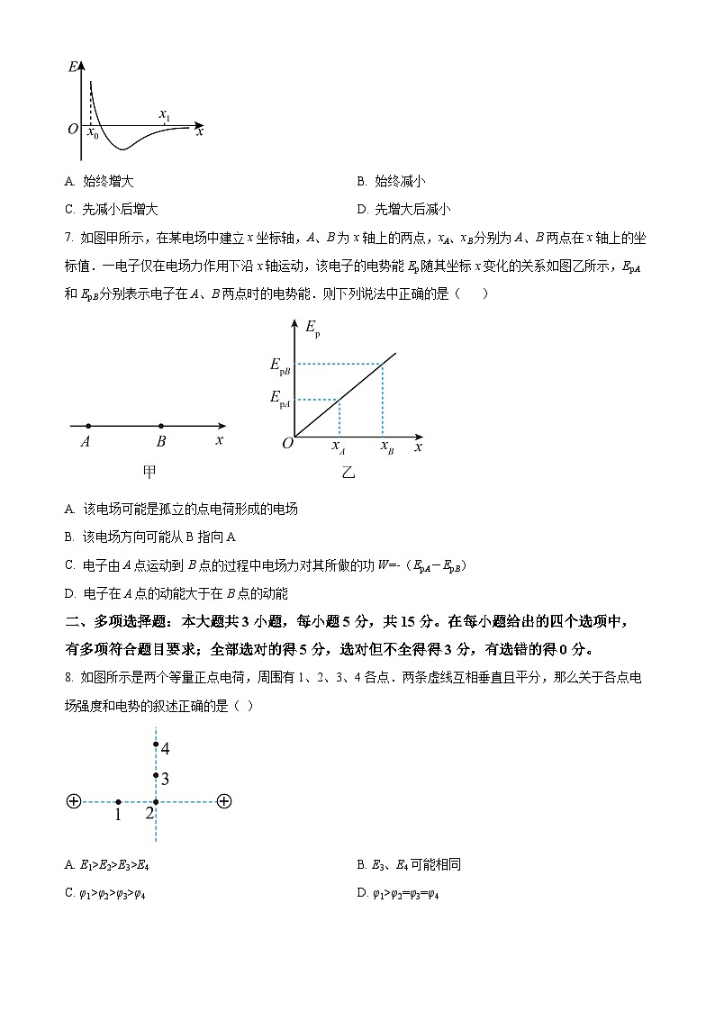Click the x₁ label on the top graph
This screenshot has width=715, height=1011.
pyautogui.click(x=164, y=114)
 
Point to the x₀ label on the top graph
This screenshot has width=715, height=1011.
pyautogui.click(x=92, y=134)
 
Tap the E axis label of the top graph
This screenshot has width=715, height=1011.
pyautogui.click(x=72, y=67)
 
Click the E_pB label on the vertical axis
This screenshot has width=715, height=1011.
pyautogui.click(x=281, y=365)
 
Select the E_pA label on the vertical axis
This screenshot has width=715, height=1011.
pyautogui.click(x=281, y=398)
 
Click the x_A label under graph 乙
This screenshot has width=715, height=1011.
pyautogui.click(x=339, y=446)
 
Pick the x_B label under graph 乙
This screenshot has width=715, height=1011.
pyautogui.click(x=386, y=446)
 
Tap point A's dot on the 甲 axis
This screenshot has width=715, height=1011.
pyautogui.click(x=87, y=426)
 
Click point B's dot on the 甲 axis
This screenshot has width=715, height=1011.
pyautogui.click(x=161, y=426)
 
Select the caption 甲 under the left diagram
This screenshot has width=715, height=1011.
pyautogui.click(x=150, y=471)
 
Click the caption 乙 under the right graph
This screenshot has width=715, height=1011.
pyautogui.click(x=348, y=472)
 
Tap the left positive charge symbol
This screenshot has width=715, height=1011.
pyautogui.click(x=74, y=801)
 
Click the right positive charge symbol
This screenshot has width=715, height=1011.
pyautogui.click(x=224, y=801)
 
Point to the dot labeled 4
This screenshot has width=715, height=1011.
pyautogui.click(x=156, y=745)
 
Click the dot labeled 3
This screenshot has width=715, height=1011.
pyautogui.click(x=156, y=775)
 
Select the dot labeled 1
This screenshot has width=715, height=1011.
pyautogui.click(x=118, y=801)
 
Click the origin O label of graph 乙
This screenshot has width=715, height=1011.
pyautogui.click(x=287, y=444)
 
